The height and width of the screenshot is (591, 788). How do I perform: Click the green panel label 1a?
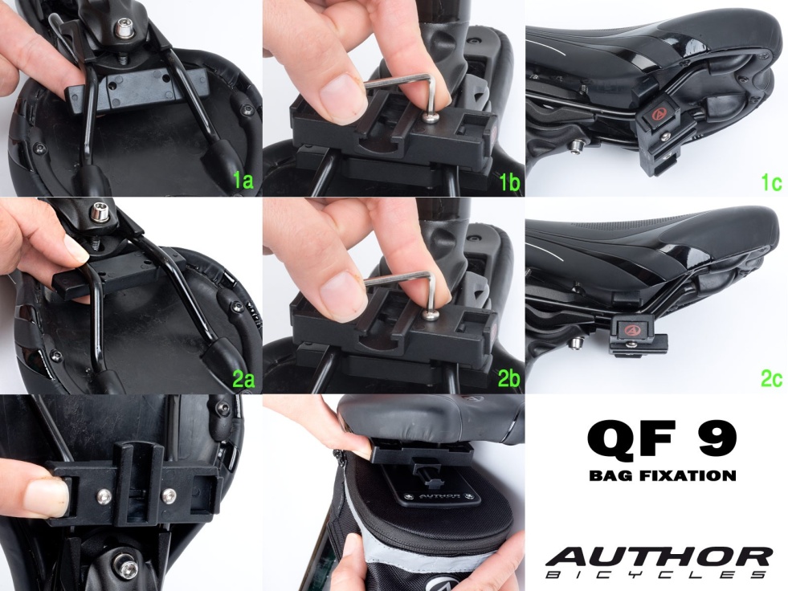pos(243,181)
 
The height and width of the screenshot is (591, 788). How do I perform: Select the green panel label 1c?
pos(771,182)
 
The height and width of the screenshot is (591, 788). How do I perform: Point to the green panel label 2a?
pos(243,379)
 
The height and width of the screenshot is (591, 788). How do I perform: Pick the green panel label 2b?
pos(508,379)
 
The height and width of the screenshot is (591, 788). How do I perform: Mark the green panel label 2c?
pos(771,378)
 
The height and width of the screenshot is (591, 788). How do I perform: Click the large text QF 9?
pos(662,439)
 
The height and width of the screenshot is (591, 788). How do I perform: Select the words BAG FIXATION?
pos(663,475)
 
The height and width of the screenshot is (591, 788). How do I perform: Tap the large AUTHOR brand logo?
pos(659,556)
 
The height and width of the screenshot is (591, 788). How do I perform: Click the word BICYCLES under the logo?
pos(655,575)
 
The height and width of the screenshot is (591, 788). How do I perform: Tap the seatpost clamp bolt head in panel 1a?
pos(121,29)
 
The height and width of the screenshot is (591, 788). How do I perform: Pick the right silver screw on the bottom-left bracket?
pos(169,496)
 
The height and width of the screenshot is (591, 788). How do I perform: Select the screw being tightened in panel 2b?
pos(429,315)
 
